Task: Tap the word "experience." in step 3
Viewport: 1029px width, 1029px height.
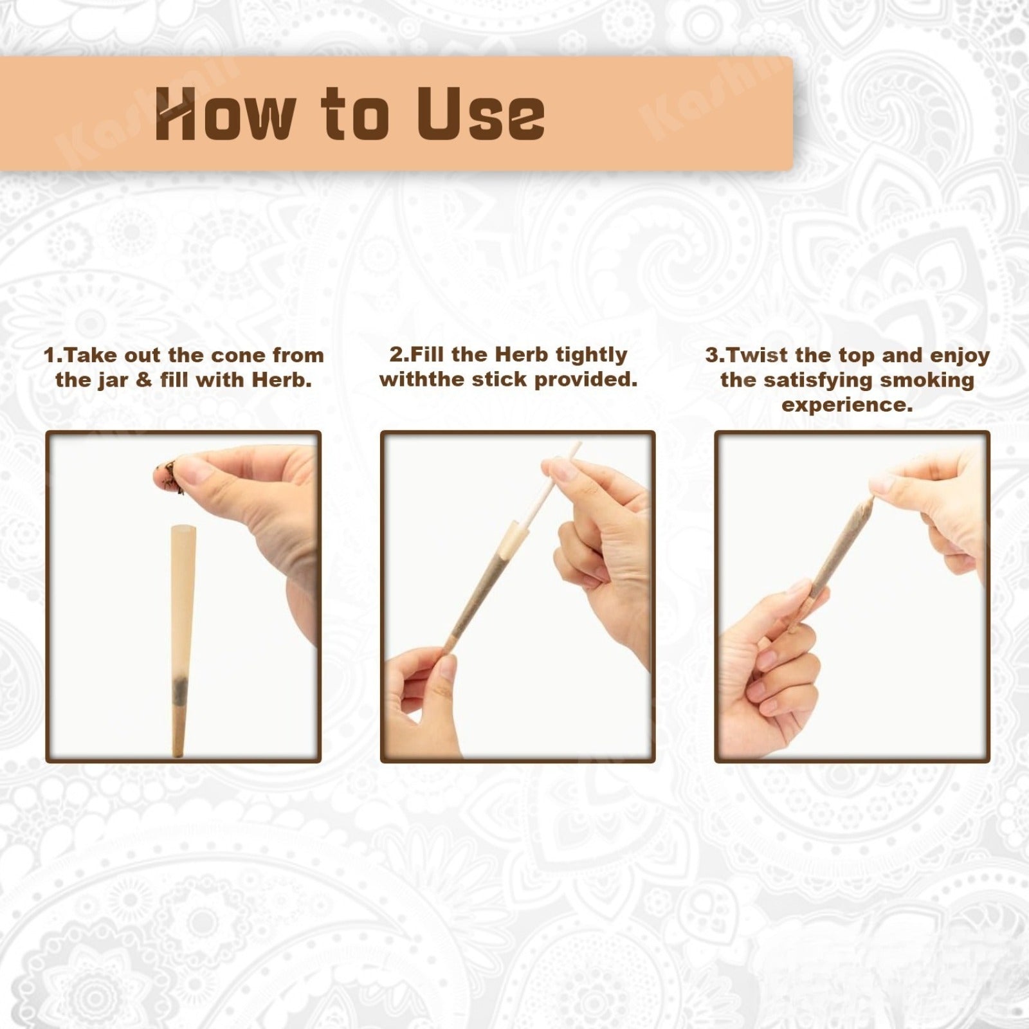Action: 847,406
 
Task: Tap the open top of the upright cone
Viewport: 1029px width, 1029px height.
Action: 184,528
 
